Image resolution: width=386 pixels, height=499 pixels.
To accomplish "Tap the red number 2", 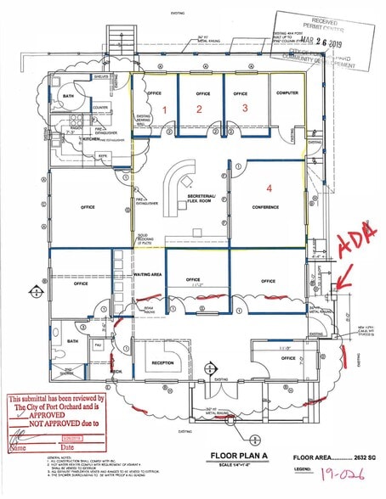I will [x=199, y=109].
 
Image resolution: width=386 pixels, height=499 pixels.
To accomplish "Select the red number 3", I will [x=244, y=108].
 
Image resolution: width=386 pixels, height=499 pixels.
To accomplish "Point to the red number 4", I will [x=270, y=188].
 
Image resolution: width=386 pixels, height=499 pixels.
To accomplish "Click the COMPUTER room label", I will [x=286, y=93].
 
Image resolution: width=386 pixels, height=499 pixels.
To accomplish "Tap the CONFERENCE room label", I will [x=265, y=206].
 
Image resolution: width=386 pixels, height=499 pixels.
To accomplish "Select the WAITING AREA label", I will [x=148, y=275].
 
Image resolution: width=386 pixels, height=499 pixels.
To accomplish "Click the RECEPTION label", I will [x=162, y=362].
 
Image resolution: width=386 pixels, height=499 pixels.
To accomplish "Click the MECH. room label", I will [x=116, y=371].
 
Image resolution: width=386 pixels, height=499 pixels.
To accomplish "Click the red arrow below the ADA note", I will [x=343, y=278].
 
